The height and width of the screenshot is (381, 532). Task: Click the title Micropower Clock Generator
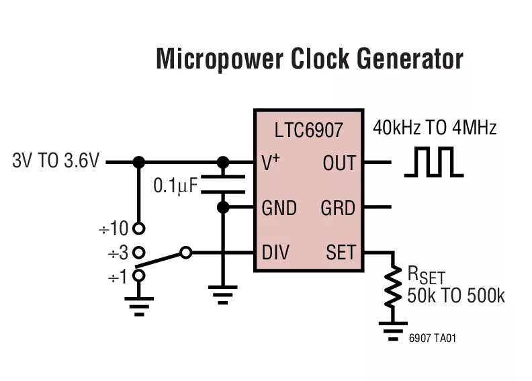click(310, 59)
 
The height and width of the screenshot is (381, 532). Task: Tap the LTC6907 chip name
click(308, 130)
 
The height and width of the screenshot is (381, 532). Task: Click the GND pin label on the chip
click(279, 208)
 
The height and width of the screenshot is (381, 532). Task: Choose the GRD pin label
click(338, 208)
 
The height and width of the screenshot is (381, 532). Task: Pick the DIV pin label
click(275, 253)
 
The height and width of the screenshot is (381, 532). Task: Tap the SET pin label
click(340, 253)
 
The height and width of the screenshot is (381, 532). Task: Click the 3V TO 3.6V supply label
click(56, 162)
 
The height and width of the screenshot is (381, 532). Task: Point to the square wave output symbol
click(433, 163)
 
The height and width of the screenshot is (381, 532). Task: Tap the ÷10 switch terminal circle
click(139, 229)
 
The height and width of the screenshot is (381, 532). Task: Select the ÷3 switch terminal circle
click(139, 253)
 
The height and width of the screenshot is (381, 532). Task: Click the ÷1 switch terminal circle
click(139, 276)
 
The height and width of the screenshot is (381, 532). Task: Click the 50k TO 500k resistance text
click(455, 296)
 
